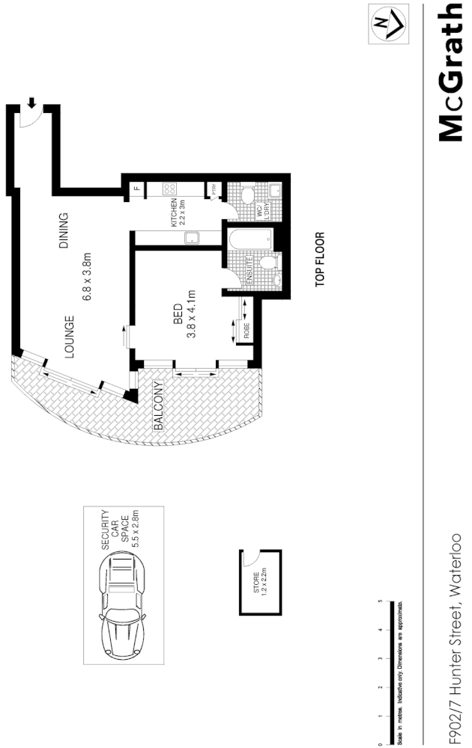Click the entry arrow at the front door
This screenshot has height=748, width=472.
pos(31,102)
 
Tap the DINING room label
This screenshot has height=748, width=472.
pos(64,231)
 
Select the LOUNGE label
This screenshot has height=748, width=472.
pos(69,338)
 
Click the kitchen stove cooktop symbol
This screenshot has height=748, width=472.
pos(169,189)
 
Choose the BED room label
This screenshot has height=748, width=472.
pos(178,311)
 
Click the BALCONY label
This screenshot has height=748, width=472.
pos(158,408)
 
